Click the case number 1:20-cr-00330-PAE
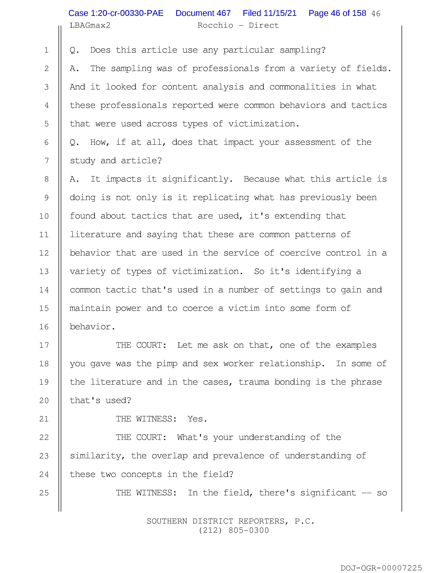pos(116,13)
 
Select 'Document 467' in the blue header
pos(203,13)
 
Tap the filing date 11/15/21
pos(270,13)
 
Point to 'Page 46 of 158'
pos(337,13)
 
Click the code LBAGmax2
pos(90,25)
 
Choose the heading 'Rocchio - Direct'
pos(238,25)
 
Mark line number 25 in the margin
pos(44,493)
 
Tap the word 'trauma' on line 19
pos(254,382)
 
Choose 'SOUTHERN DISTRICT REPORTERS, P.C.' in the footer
pos(230,521)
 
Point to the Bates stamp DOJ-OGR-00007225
pos(381,568)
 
